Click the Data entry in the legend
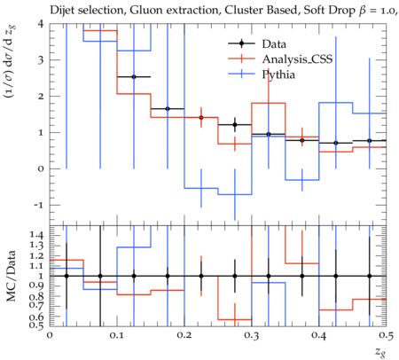(x=274, y=44)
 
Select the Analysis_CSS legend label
(x=297, y=59)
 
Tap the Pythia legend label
(x=278, y=74)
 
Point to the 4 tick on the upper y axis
(x=41, y=24)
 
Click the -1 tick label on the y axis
(x=39, y=205)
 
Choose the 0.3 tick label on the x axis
(x=252, y=335)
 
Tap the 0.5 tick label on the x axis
(x=387, y=335)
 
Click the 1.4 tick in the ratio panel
(x=37, y=235)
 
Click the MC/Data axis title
(x=12, y=276)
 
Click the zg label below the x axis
(x=380, y=352)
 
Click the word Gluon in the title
(x=141, y=11)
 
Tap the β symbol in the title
(x=363, y=12)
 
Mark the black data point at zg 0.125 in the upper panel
(x=134, y=77)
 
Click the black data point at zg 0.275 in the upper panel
(x=235, y=125)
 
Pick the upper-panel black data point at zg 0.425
(x=336, y=143)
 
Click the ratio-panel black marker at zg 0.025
(x=66, y=276)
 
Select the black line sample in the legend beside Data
(x=241, y=43)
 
